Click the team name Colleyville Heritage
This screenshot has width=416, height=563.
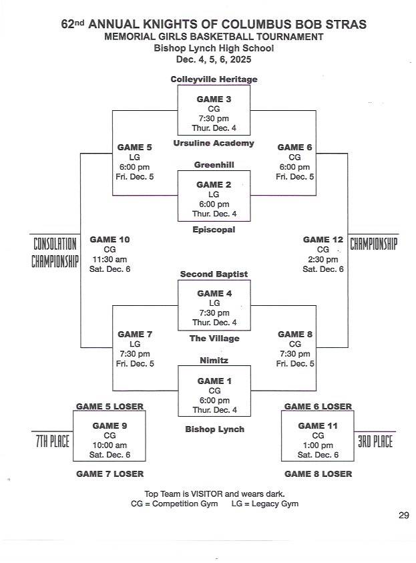214,79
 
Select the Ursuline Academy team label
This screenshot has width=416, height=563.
214,143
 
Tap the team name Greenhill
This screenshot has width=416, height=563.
214,164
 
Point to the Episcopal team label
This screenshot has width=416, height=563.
214,229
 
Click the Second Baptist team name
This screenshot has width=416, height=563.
214,274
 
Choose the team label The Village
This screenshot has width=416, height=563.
214,338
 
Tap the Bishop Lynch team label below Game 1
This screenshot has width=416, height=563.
214,429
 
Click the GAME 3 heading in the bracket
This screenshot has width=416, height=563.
214,99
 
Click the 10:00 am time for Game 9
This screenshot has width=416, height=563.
110,445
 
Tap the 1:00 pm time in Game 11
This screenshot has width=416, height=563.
318,445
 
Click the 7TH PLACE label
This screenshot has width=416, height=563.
51,441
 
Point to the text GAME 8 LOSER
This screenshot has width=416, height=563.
318,474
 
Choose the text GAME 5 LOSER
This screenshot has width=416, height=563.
110,406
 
